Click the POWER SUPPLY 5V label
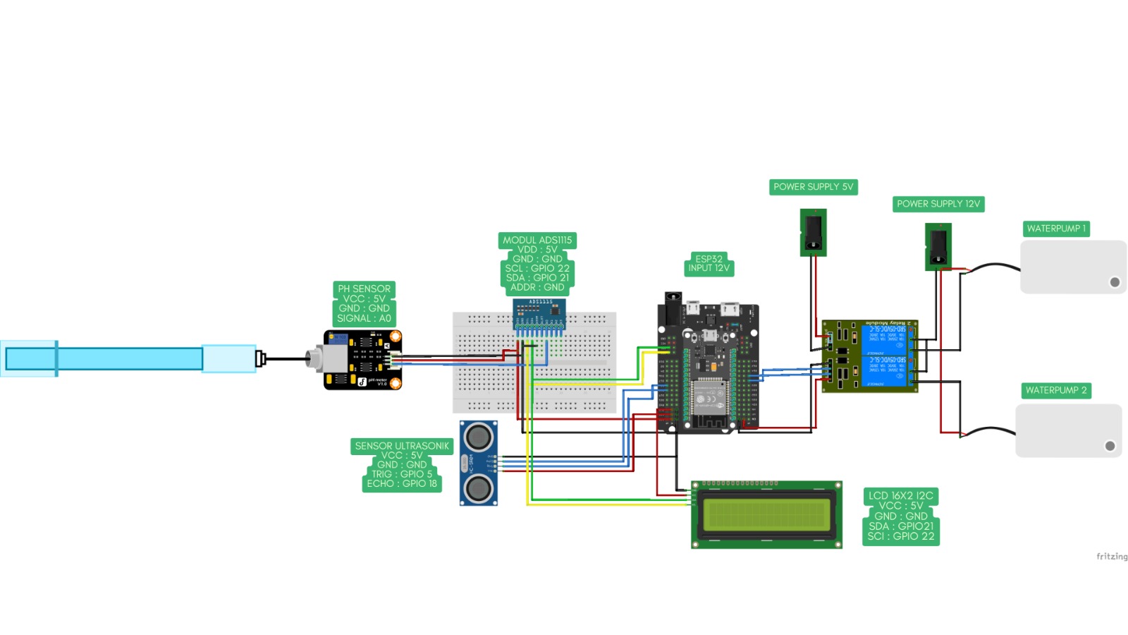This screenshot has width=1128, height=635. click(813, 187)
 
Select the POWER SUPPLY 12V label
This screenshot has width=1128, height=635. click(938, 204)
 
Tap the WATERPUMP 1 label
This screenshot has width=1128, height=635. click(1055, 229)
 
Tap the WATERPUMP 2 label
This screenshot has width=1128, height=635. click(1055, 390)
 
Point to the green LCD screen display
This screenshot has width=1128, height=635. click(766, 514)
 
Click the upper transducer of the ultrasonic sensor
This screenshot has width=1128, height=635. click(479, 437)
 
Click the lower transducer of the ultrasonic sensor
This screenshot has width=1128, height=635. click(479, 488)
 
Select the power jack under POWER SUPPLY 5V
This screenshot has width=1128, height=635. click(813, 232)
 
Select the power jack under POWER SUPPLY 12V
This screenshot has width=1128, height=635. click(938, 247)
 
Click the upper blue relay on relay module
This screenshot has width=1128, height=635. click(884, 339)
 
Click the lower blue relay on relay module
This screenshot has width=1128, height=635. click(884, 372)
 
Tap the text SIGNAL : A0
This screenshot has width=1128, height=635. click(364, 318)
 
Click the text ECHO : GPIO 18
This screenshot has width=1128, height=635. click(402, 483)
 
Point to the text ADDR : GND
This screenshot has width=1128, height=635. click(537, 287)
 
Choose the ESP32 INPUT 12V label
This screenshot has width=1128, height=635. click(709, 263)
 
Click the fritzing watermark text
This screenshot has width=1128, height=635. click(1111, 557)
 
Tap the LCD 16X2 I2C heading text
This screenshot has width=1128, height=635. click(900, 495)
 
